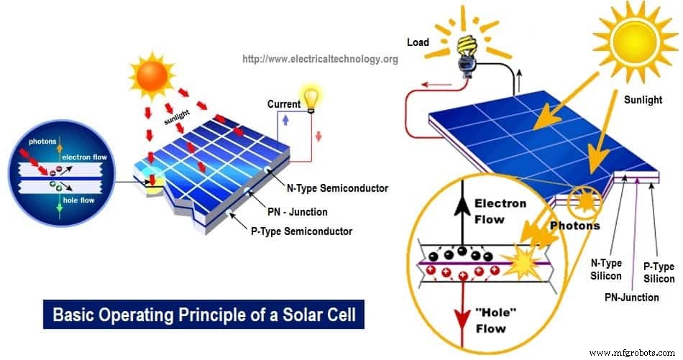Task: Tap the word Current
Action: click(x=283, y=104)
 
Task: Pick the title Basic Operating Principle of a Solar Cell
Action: click(x=203, y=314)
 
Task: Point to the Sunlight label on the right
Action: click(x=643, y=100)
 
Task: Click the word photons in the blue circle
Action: click(x=43, y=142)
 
